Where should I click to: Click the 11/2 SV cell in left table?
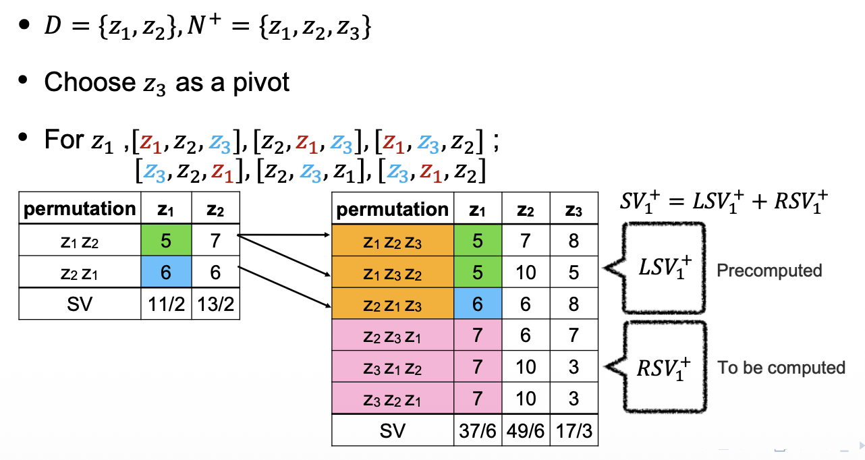point(166,304)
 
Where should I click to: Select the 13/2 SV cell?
point(215,304)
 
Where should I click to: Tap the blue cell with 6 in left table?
point(166,272)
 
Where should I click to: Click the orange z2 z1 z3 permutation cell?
point(393,304)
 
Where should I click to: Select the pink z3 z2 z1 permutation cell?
point(393,399)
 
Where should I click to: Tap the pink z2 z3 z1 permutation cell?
point(393,335)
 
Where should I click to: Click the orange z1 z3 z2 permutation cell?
point(393,272)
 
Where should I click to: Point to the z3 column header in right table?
point(574,209)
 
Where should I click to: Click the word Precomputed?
point(769,271)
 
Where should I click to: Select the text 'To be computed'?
point(781,368)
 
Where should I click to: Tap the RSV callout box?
point(665,367)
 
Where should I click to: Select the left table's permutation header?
point(80,209)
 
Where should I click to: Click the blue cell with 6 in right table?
point(478,304)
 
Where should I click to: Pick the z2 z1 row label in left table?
point(80,272)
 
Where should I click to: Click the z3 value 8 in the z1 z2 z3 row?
point(574,241)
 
